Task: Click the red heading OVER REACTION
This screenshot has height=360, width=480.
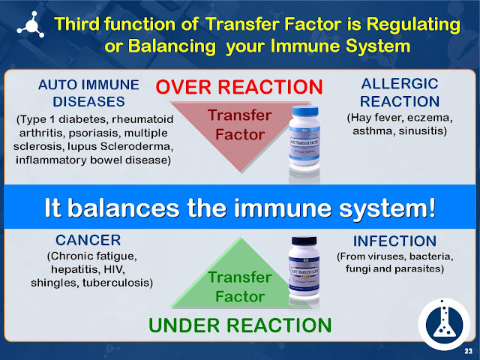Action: pyautogui.click(x=238, y=85)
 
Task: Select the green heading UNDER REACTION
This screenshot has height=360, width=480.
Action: pyautogui.click(x=239, y=325)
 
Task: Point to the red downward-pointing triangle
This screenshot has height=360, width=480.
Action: pyautogui.click(x=234, y=124)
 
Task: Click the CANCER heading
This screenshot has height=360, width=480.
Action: pyautogui.click(x=88, y=241)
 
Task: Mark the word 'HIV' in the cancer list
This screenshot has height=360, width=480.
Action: pyautogui.click(x=139, y=269)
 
